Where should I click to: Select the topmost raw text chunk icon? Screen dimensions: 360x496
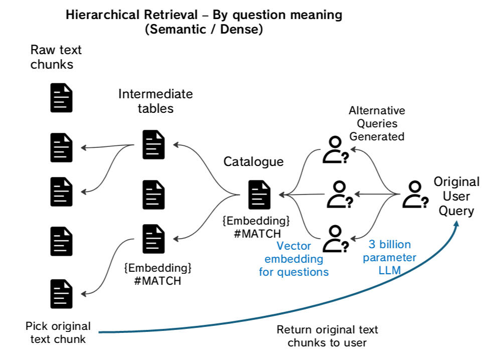point(61,98)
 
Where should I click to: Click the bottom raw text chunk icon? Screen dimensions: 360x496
point(61,294)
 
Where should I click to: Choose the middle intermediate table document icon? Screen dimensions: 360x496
point(153,195)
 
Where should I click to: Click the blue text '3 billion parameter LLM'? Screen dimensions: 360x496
point(390,257)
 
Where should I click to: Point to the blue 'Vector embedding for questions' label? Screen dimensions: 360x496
point(294,259)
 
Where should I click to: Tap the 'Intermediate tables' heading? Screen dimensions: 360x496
point(155,101)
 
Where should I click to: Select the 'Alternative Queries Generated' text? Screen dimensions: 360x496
point(377,123)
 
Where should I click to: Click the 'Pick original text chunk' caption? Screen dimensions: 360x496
point(58,332)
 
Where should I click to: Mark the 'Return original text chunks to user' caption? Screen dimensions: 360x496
point(327,336)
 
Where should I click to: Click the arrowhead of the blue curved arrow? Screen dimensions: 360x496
point(457,224)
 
